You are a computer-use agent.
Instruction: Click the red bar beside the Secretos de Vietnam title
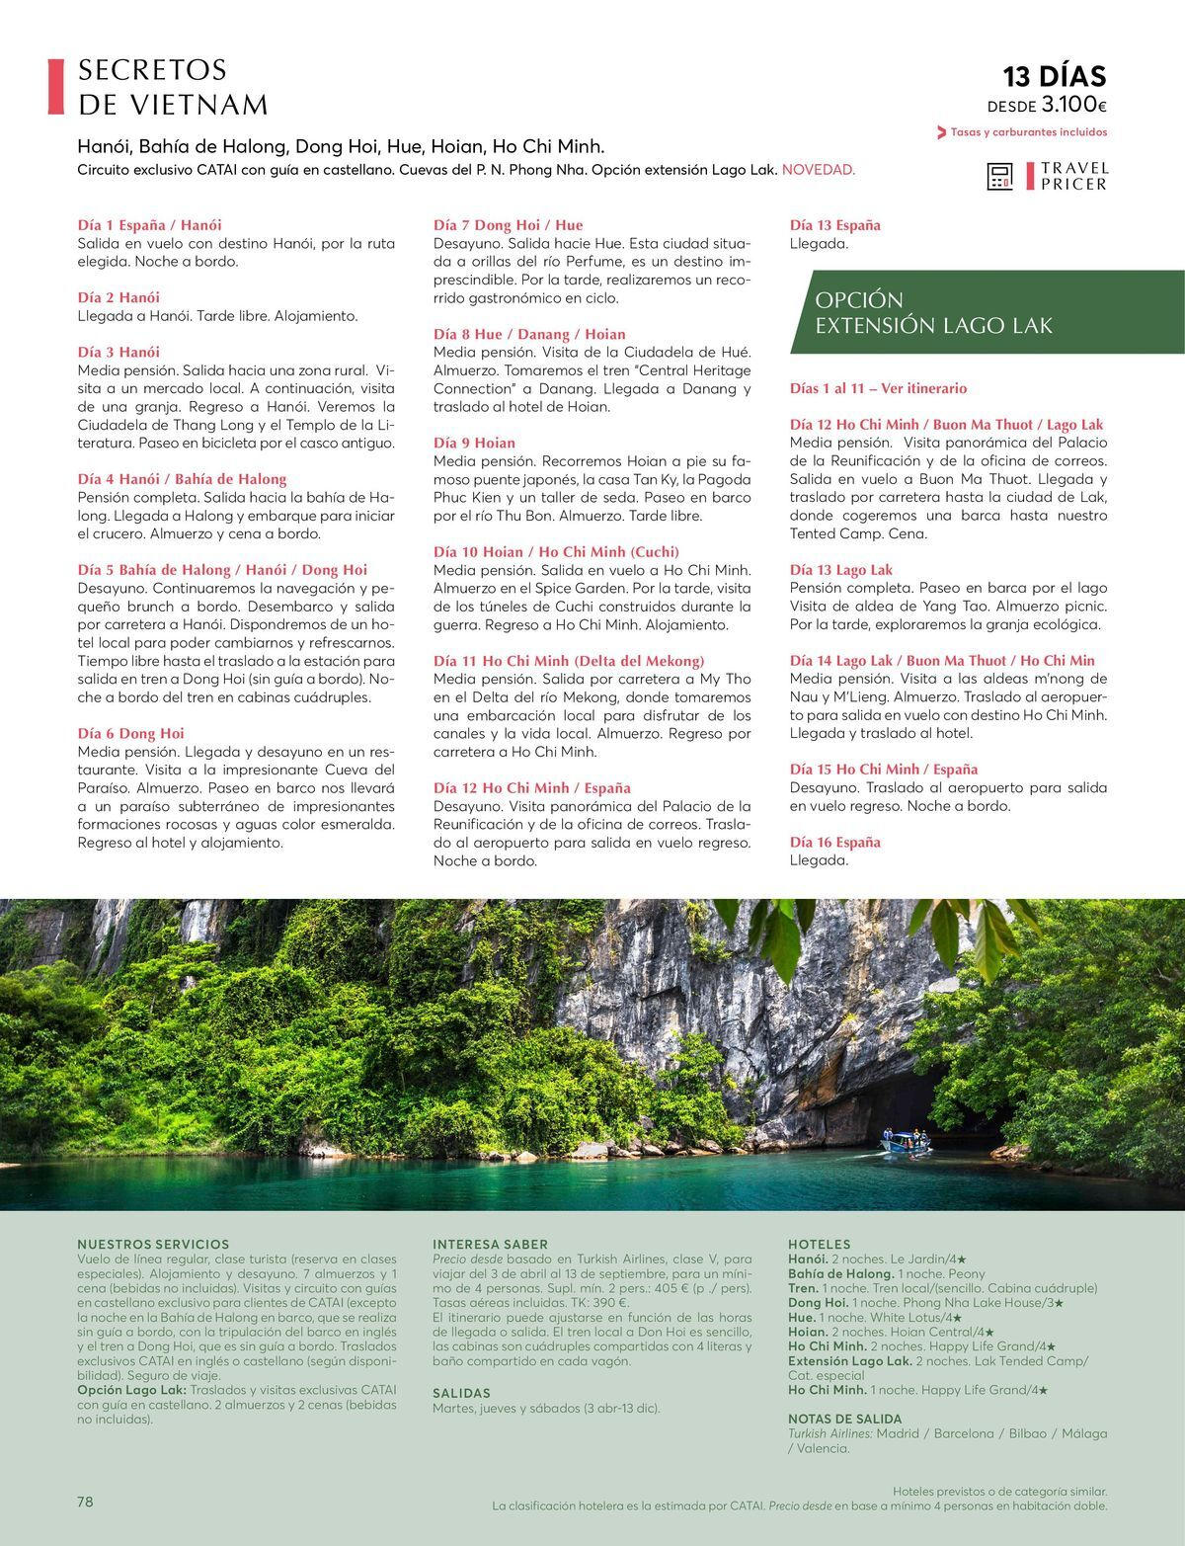click(55, 87)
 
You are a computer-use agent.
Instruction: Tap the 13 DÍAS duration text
click(1055, 77)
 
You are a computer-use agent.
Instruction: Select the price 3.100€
click(1073, 105)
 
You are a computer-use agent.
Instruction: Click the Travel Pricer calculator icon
click(1000, 177)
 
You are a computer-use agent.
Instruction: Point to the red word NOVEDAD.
click(819, 170)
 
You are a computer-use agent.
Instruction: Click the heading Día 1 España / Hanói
click(149, 225)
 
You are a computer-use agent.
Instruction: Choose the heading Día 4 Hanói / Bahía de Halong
click(182, 479)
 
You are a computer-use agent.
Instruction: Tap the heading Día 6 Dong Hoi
click(130, 733)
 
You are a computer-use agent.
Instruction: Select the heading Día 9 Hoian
click(474, 443)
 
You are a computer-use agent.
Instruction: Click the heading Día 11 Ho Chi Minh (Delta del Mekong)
click(569, 661)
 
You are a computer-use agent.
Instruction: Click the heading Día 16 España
click(834, 842)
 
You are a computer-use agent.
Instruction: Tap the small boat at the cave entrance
click(907, 1142)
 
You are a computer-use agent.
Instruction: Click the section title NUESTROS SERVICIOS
click(152, 1244)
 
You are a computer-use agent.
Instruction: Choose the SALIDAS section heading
click(462, 1392)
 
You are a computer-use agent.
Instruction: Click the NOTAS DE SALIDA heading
click(844, 1418)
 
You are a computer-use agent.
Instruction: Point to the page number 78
click(85, 1502)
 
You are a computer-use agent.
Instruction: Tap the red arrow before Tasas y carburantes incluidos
click(941, 132)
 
